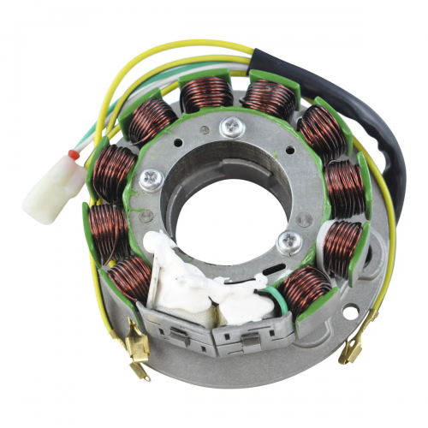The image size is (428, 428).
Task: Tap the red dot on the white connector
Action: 74,156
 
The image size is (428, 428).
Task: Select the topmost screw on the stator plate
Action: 230,128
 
